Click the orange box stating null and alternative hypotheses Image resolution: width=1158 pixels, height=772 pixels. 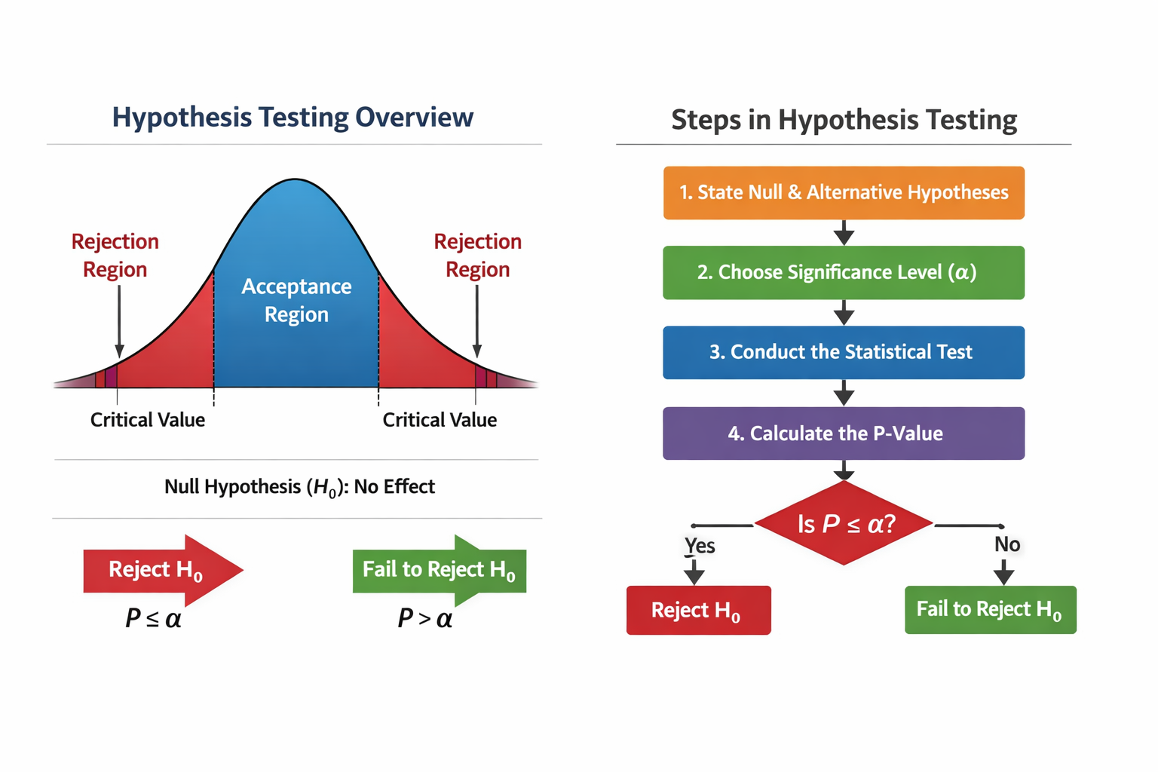[844, 193]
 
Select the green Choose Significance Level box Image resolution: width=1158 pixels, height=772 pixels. [844, 272]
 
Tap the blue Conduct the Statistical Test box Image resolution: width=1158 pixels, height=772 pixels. [844, 352]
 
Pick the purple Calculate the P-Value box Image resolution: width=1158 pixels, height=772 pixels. [844, 433]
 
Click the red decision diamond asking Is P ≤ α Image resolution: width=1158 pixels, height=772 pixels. [844, 523]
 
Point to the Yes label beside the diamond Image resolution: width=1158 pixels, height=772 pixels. [700, 545]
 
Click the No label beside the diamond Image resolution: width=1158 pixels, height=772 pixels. [1007, 544]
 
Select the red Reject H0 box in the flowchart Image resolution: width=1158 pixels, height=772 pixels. [698, 610]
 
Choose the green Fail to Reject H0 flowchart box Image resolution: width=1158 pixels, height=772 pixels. [990, 609]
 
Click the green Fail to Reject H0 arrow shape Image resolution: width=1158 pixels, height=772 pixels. [439, 570]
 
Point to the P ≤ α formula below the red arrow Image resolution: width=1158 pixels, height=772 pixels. [153, 619]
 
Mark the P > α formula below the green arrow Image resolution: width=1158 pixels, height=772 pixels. [425, 619]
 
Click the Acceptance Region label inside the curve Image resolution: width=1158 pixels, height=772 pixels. [296, 300]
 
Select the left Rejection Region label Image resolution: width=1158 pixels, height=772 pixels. [115, 255]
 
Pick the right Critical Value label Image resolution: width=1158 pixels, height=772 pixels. [440, 420]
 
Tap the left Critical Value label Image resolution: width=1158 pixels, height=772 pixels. [148, 420]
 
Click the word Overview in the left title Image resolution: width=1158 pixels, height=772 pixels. [414, 118]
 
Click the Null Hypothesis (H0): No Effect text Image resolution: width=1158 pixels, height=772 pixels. [299, 487]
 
